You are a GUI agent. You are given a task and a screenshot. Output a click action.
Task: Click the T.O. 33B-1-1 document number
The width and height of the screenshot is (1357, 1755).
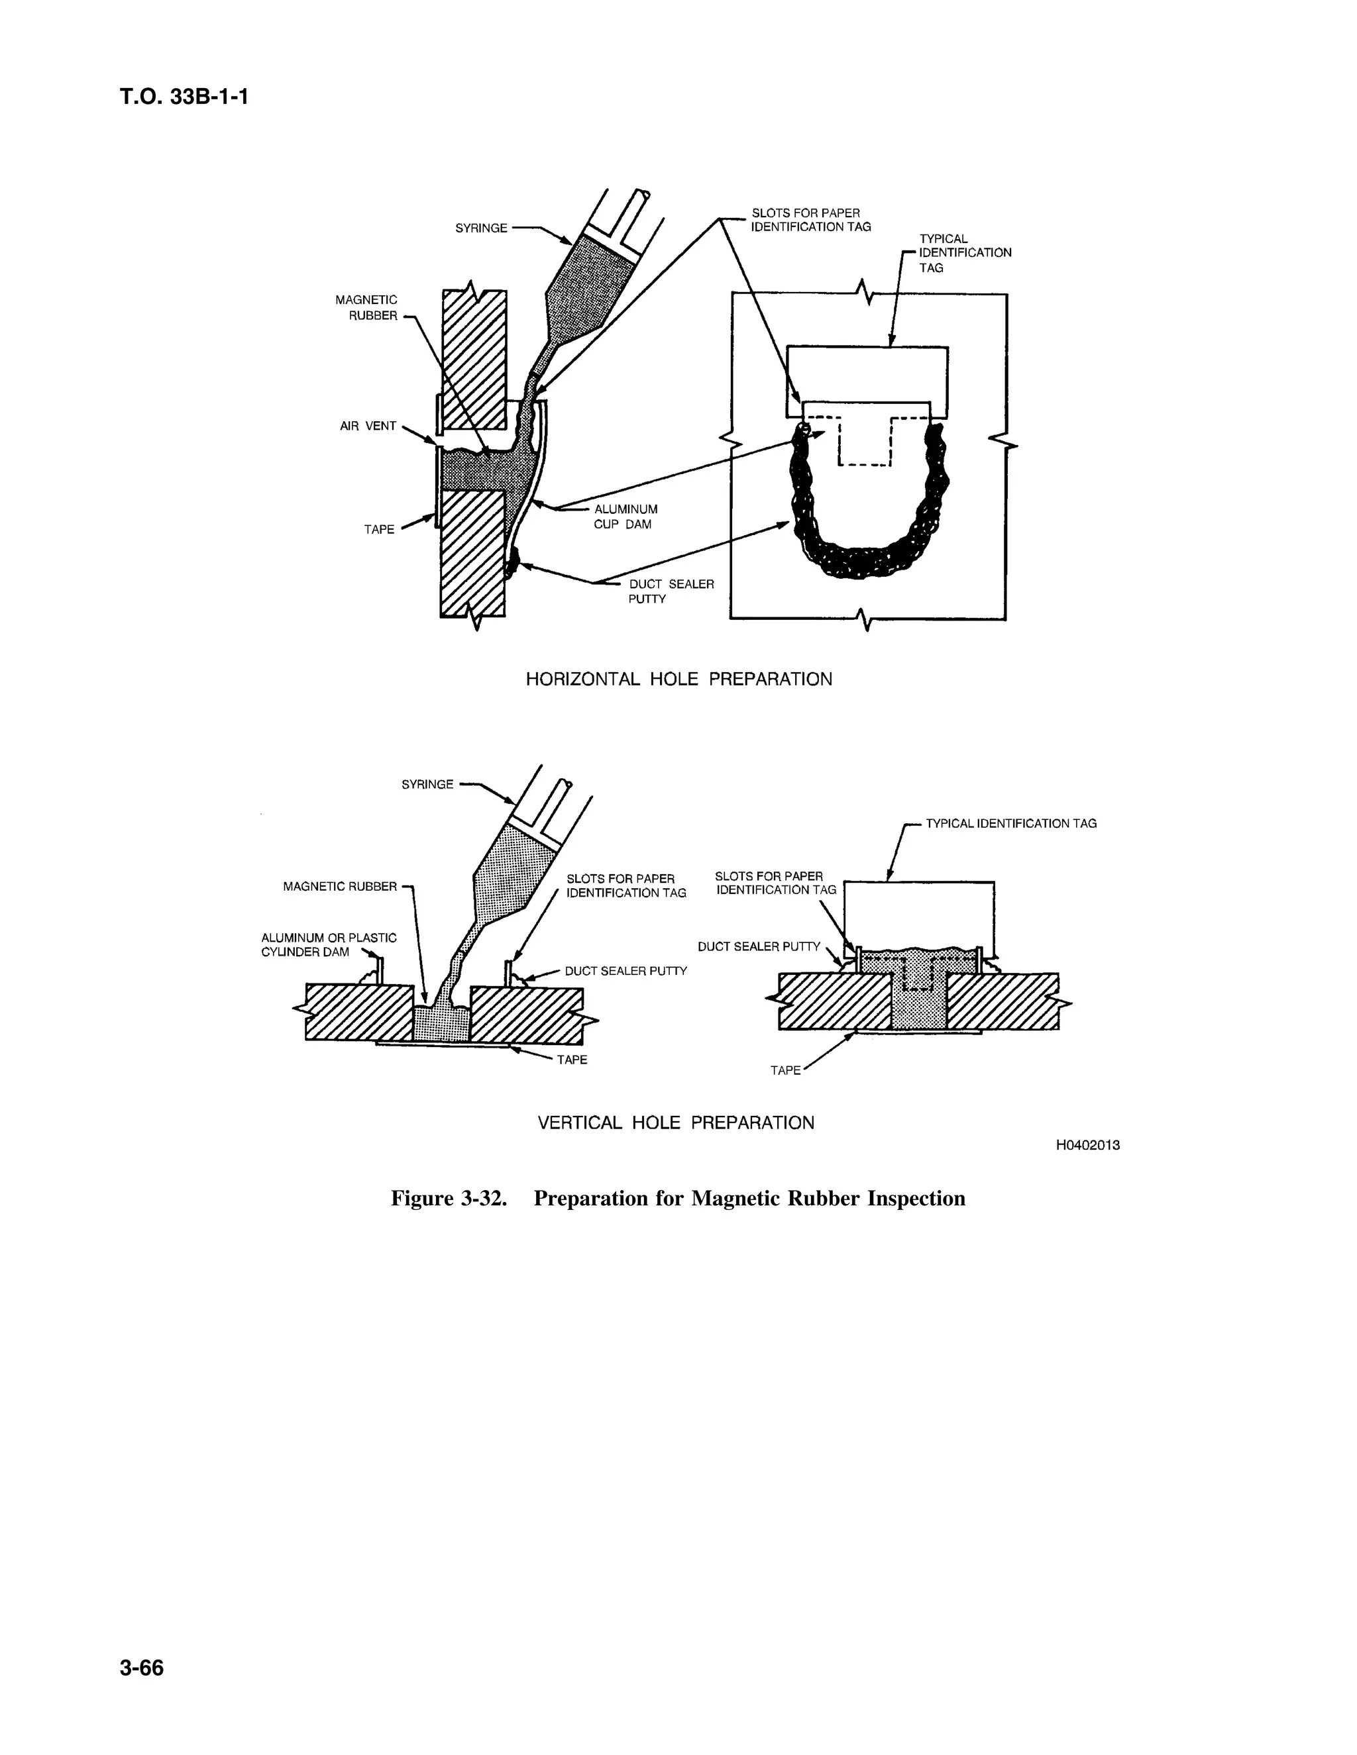[184, 97]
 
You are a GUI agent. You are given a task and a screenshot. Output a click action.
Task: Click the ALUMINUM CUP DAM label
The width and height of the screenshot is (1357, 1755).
[625, 517]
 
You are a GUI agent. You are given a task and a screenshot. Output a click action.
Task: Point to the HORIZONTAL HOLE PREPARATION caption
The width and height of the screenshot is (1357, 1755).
[678, 679]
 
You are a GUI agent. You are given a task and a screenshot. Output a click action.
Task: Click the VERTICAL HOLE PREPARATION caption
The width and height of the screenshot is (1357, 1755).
[675, 1123]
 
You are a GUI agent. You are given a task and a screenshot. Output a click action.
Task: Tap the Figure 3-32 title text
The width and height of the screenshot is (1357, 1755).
[678, 1198]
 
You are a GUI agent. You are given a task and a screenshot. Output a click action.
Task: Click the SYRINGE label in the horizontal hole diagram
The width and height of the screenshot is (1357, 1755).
[481, 228]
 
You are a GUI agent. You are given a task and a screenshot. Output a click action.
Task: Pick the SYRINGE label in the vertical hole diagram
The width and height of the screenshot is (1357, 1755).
[427, 784]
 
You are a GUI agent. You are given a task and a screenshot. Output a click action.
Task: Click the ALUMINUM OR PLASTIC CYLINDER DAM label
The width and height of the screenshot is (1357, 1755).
[329, 945]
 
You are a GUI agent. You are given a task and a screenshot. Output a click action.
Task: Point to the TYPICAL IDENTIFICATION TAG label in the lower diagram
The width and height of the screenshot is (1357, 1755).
[1010, 824]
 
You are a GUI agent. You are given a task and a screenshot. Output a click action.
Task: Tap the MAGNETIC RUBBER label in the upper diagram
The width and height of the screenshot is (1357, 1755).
[366, 308]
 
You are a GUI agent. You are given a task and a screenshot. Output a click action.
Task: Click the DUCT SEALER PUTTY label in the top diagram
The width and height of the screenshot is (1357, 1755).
[671, 591]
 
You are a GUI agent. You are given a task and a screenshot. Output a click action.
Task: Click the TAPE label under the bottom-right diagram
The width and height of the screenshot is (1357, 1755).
[785, 1070]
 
